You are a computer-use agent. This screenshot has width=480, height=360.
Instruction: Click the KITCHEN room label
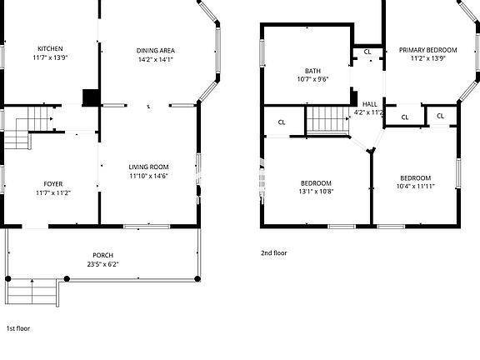(x=50, y=48)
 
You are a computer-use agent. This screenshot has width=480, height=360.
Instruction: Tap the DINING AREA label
(x=156, y=50)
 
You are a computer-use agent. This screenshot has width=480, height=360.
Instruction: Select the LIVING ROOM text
(x=148, y=167)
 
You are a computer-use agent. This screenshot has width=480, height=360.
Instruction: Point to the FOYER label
(x=52, y=183)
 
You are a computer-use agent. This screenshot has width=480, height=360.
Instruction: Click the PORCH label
(x=103, y=255)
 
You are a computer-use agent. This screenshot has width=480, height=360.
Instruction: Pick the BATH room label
(x=312, y=71)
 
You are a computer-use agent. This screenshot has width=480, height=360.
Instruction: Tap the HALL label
(x=369, y=104)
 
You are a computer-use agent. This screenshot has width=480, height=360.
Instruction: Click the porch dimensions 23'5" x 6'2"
(x=103, y=264)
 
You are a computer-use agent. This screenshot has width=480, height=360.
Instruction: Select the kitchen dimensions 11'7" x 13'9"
(x=50, y=57)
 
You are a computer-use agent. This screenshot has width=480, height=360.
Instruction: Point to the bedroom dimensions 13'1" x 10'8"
(x=316, y=192)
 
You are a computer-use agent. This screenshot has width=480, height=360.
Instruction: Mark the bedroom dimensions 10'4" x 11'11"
(x=415, y=187)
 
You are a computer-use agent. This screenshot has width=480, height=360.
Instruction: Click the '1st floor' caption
(x=17, y=328)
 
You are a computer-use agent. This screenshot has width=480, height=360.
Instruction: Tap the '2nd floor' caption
(x=274, y=252)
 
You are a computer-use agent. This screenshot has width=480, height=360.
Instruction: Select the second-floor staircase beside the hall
(x=327, y=121)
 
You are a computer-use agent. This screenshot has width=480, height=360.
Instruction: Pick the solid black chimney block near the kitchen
(x=91, y=97)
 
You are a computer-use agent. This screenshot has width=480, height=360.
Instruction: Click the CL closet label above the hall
(x=367, y=52)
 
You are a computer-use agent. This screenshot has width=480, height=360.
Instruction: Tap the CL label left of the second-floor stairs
(x=282, y=122)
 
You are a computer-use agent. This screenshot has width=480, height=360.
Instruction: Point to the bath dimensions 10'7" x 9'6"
(x=312, y=80)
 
